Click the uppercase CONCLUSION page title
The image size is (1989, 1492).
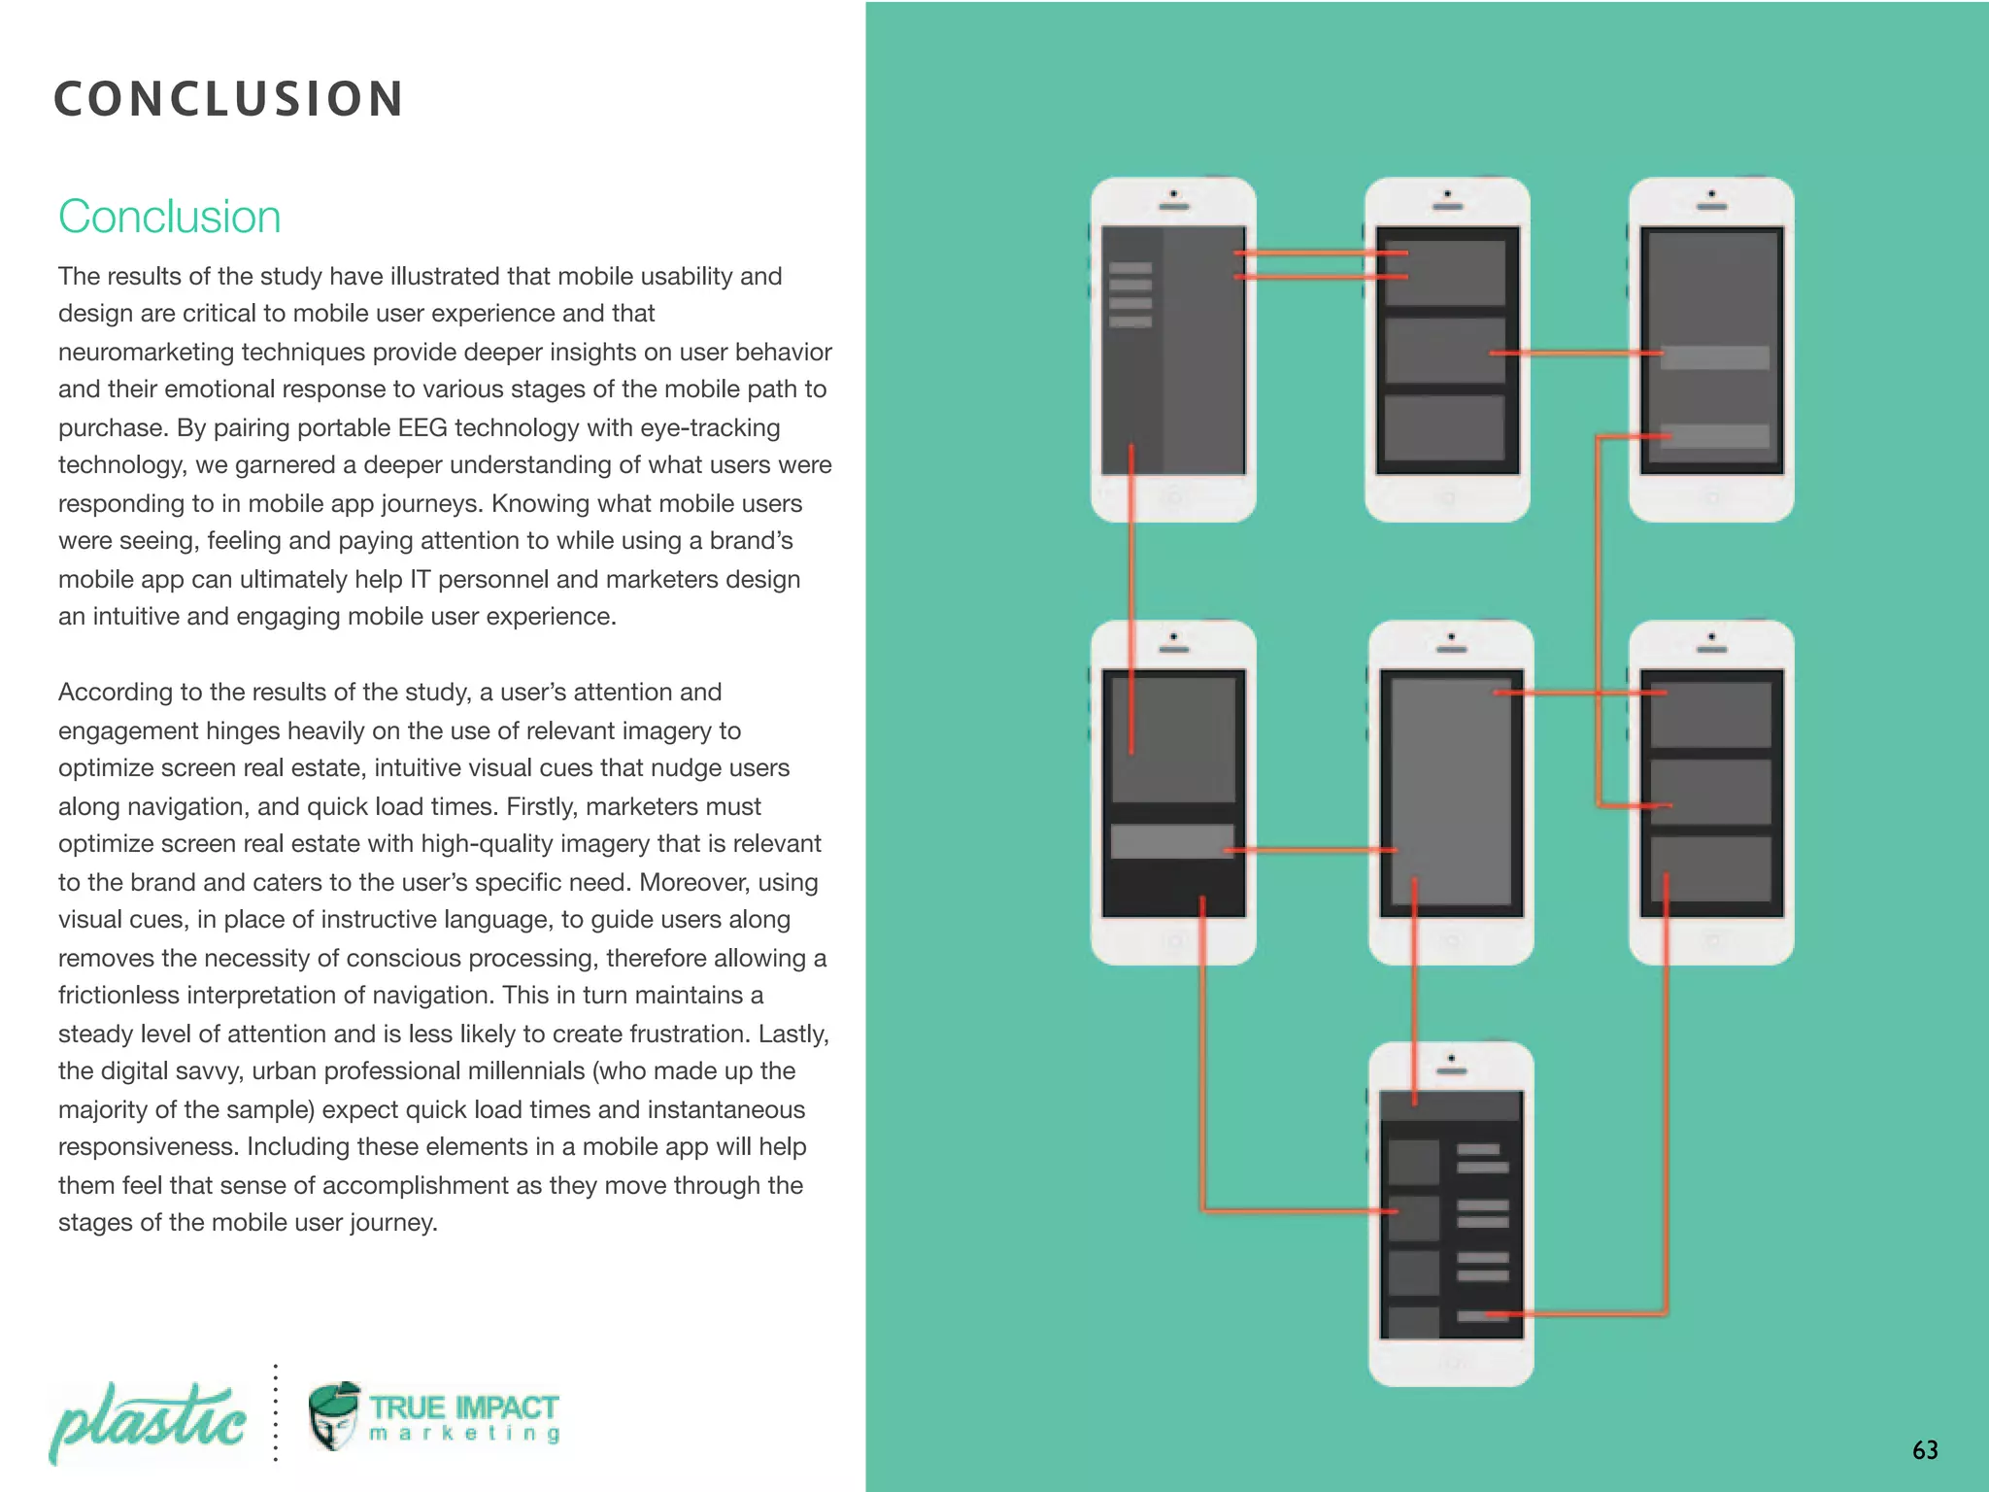coord(228,99)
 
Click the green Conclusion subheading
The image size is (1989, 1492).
coord(169,217)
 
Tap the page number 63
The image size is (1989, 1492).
coord(1925,1450)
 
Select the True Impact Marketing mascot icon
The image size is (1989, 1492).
coord(334,1416)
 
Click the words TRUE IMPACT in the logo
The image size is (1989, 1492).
coord(463,1407)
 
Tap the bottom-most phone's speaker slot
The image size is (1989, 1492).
coord(1451,1070)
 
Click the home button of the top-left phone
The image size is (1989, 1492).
coord(1173,498)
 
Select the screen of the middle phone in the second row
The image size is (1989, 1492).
coord(1451,792)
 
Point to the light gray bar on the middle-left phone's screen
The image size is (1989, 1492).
coord(1171,841)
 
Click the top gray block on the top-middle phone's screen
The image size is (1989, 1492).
coord(1445,273)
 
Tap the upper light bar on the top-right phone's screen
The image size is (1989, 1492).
coord(1714,357)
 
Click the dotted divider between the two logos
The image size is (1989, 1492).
coord(276,1413)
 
